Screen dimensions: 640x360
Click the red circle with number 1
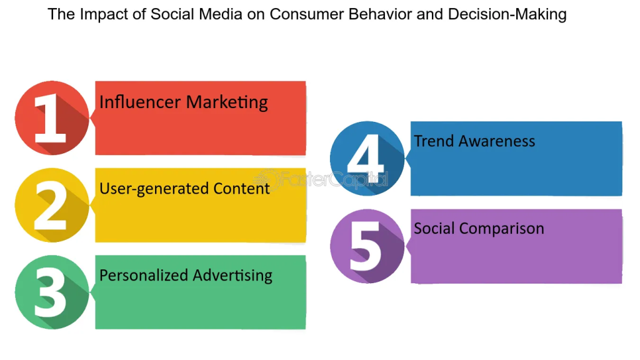tap(52, 118)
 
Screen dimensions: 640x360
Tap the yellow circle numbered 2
tap(52, 205)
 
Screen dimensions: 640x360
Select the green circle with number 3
tap(52, 292)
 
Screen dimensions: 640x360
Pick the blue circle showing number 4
tap(367, 158)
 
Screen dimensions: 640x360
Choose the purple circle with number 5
tap(367, 246)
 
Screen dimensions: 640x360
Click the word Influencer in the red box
tap(140, 102)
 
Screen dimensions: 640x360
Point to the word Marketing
tap(226, 102)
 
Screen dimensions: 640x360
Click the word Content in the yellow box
tap(241, 189)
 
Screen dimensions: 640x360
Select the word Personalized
tap(144, 276)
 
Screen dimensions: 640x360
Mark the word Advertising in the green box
tap(232, 276)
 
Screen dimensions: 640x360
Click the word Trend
tap(434, 141)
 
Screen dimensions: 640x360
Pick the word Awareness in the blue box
tap(497, 141)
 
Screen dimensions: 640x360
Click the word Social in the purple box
tap(434, 228)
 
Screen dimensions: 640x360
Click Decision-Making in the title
tap(507, 15)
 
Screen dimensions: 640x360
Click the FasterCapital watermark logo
tap(321, 179)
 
